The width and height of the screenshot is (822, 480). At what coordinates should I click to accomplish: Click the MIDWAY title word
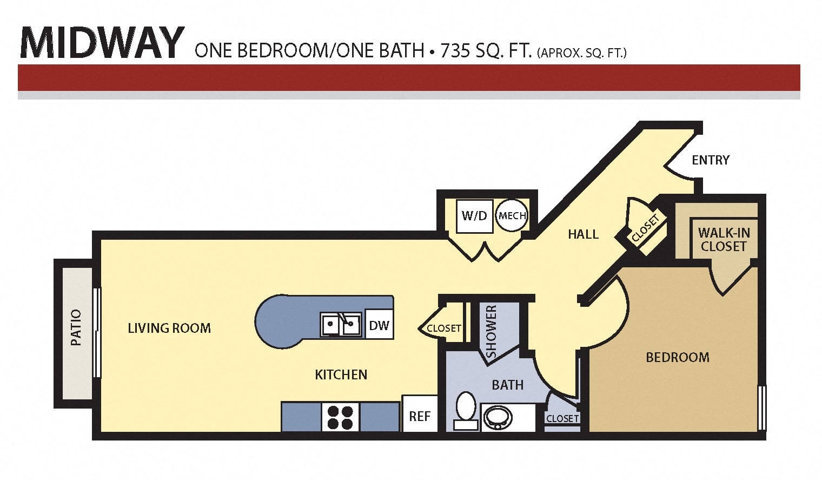102,42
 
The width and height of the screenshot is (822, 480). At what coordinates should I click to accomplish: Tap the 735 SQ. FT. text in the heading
486,51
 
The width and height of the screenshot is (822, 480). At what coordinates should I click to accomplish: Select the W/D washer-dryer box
474,216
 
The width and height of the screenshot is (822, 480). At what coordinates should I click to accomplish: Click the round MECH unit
512,215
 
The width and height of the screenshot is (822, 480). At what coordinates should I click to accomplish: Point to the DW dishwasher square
380,325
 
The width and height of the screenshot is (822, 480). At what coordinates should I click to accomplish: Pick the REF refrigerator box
420,414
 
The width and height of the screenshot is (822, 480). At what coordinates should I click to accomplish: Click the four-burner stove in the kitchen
340,417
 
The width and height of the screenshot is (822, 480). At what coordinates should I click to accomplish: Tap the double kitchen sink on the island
341,324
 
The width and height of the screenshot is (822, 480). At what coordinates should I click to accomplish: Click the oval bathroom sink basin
498,418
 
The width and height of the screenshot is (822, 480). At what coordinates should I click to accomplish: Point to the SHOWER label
491,331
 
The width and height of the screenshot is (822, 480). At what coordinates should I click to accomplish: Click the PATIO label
76,327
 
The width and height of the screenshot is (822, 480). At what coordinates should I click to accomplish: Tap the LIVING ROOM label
169,328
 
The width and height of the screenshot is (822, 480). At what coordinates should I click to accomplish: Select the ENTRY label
711,160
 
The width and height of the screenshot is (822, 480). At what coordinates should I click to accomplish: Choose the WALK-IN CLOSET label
724,239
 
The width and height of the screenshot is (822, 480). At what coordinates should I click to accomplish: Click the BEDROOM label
678,357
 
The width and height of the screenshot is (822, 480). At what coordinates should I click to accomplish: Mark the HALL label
583,234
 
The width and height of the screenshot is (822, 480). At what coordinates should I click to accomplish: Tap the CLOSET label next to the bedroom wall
562,419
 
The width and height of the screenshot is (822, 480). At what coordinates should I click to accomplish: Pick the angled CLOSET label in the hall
646,228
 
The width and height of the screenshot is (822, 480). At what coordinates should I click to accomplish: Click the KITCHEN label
341,374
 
